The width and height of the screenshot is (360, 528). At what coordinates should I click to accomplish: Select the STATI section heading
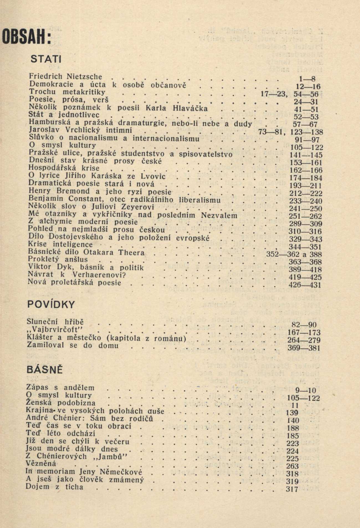tap(45, 59)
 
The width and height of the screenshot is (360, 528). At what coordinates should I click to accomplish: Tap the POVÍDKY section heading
tap(51, 305)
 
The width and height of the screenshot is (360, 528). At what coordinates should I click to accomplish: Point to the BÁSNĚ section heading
tap(44, 370)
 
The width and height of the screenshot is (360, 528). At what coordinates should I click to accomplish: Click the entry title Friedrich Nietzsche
tap(65, 77)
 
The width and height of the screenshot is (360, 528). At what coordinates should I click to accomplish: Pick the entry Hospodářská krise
tap(64, 168)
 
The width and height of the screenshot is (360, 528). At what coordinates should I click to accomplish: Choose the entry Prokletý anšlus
tap(58, 260)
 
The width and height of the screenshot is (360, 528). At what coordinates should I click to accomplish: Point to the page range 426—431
tap(305, 285)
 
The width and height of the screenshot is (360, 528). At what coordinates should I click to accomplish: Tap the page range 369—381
tap(304, 348)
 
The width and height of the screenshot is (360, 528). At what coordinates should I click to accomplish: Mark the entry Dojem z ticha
tap(54, 487)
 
